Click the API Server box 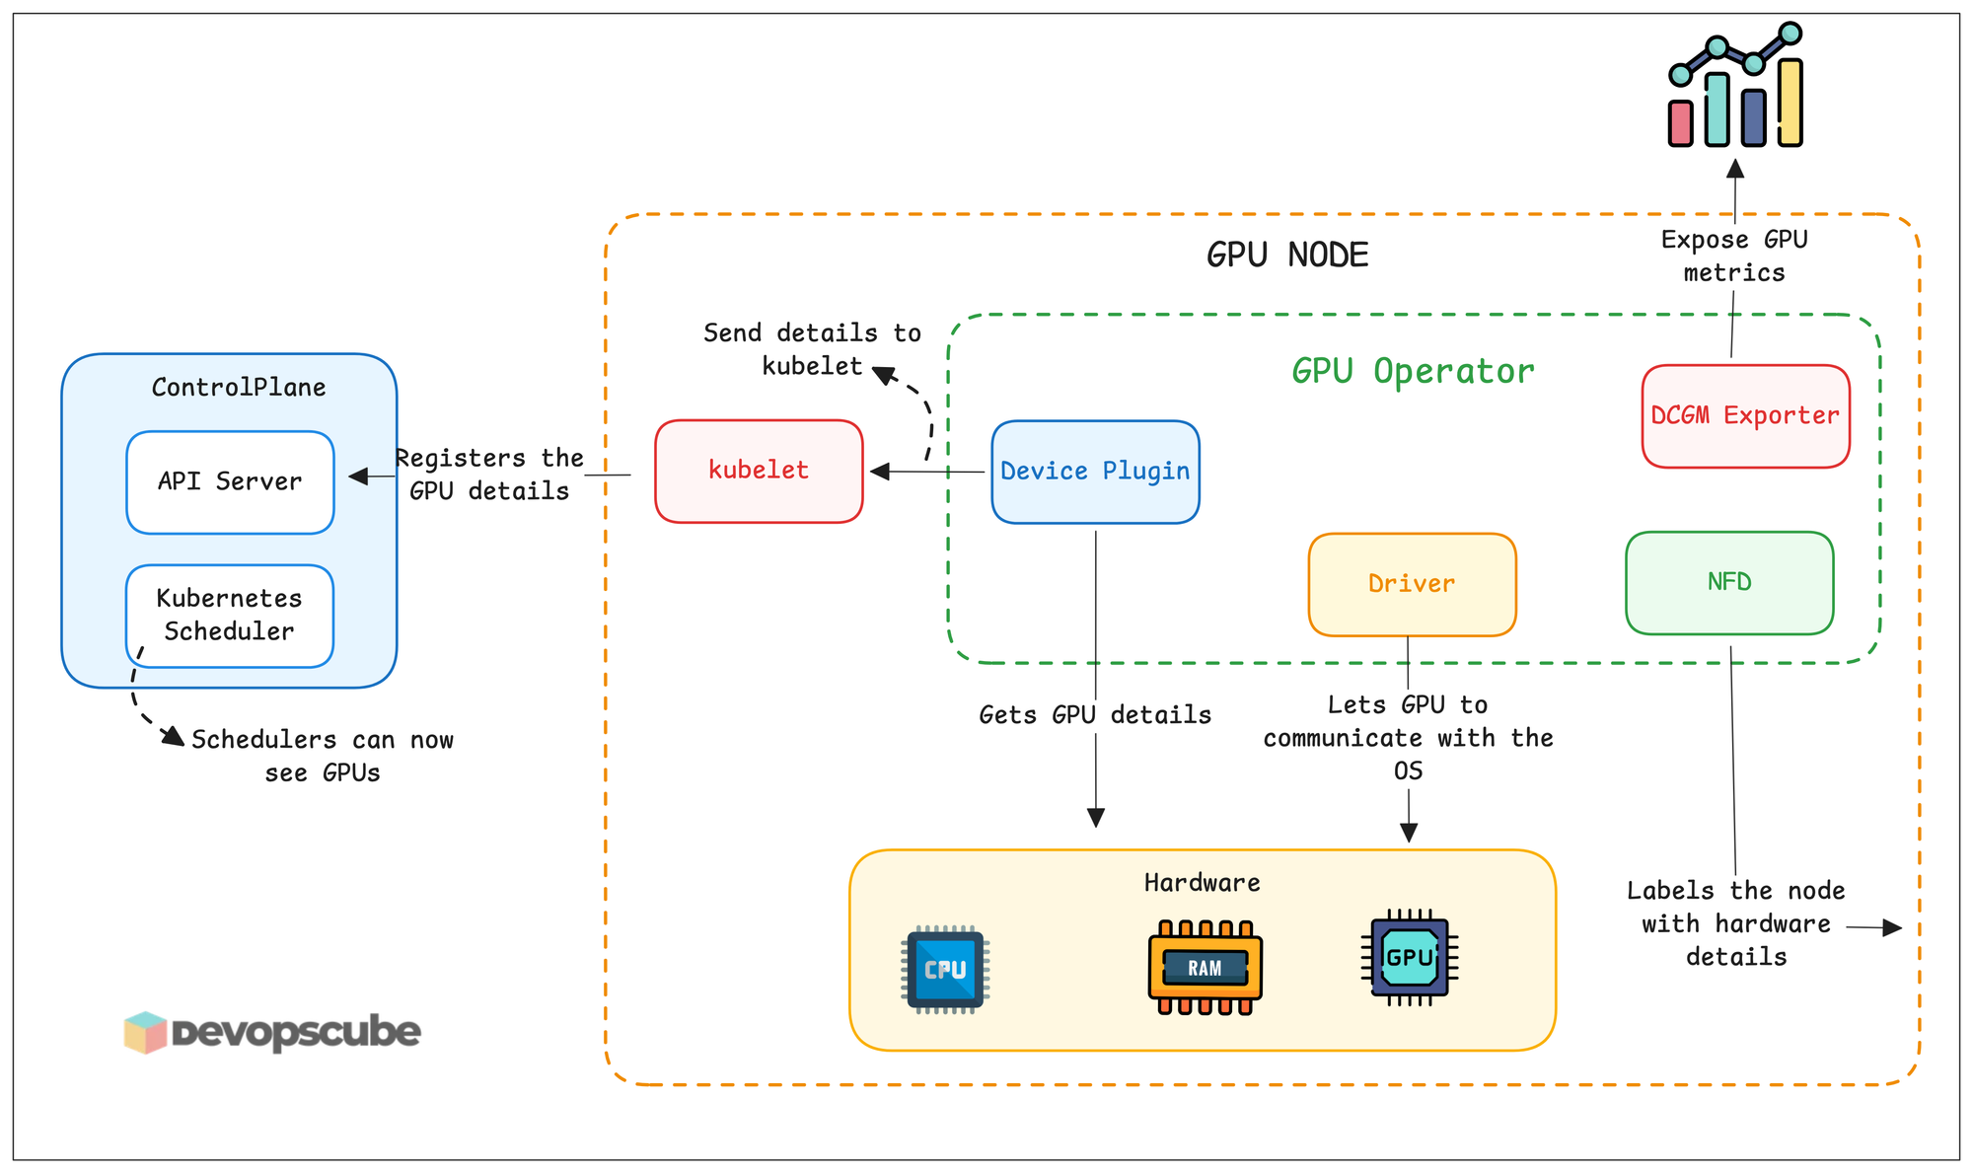230,482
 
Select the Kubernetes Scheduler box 230,616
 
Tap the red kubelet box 759,471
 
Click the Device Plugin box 1095,472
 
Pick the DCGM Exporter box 1745,415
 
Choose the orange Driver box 1412,584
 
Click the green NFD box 1729,582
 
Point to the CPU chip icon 945,969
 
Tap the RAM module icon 1205,968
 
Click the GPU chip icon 1410,958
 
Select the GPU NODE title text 1287,256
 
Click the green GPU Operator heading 1413,371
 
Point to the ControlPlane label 239,388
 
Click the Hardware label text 1202,883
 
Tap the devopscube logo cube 145,1032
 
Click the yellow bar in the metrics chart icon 1790,103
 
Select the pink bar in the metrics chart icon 1680,123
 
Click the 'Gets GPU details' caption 1095,714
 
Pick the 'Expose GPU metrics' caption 1734,256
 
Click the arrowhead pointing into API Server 358,477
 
